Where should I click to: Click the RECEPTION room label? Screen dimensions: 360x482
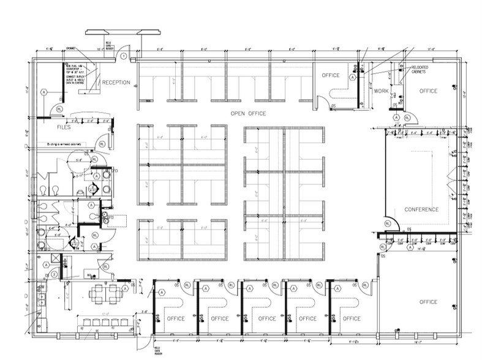tap(116, 83)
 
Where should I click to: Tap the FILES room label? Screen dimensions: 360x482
tap(64, 127)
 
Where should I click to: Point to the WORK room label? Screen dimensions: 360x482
tap(381, 91)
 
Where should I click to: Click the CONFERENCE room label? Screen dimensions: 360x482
tap(421, 209)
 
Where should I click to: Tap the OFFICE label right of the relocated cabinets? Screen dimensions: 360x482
tap(428, 91)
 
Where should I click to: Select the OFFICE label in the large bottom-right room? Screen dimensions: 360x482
tap(428, 302)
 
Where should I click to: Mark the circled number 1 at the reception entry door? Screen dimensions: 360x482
tap(124, 56)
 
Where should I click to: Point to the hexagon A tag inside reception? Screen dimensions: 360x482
tap(43, 92)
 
